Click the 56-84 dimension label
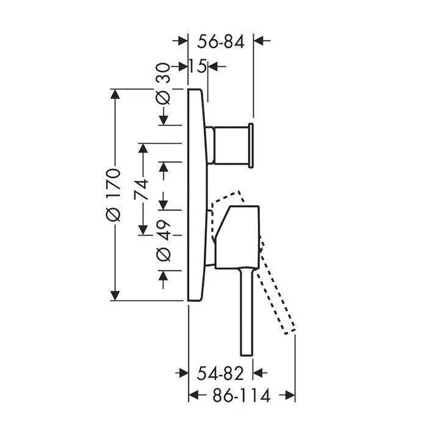[x=221, y=42]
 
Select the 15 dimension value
[x=198, y=66]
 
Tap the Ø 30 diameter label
[x=163, y=84]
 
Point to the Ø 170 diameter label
[x=113, y=195]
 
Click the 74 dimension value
[x=141, y=190]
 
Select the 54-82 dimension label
[x=220, y=373]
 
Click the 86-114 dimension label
[x=241, y=395]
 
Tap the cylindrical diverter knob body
[x=231, y=146]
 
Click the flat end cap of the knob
[x=251, y=146]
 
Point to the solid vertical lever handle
[x=246, y=312]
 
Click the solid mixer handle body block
[x=237, y=237]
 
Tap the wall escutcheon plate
[x=197, y=195]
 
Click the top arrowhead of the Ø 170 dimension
[x=115, y=94]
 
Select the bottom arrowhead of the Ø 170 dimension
[x=115, y=296]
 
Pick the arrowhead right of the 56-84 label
[x=259, y=41]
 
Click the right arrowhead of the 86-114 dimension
[x=290, y=395]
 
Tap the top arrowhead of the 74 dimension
[x=143, y=149]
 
